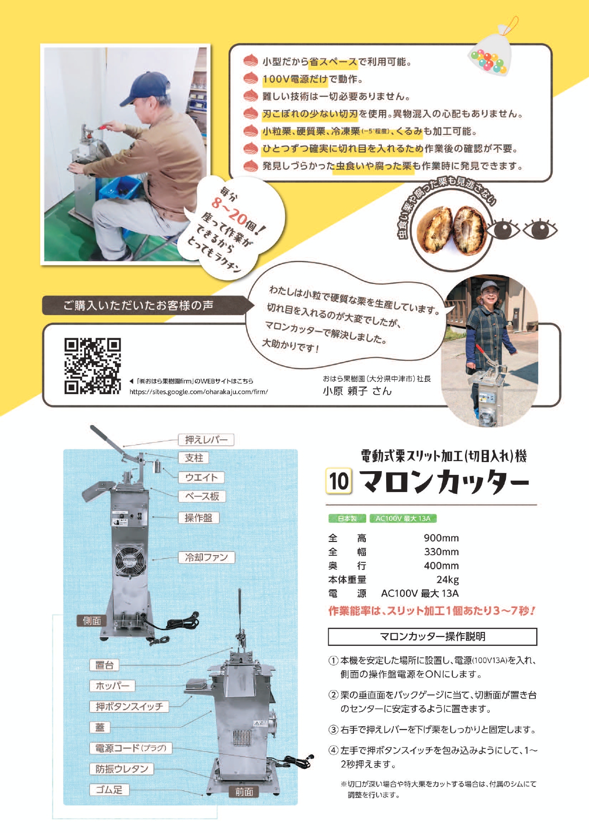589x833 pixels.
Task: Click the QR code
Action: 93,366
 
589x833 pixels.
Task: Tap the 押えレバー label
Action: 206,440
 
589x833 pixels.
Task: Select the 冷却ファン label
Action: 207,557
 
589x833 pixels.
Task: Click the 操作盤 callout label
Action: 199,518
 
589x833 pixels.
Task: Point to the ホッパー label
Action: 113,686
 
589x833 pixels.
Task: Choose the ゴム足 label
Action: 109,790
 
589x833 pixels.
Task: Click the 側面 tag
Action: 92,621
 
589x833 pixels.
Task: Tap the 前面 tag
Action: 244,792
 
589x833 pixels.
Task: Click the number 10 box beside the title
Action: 339,481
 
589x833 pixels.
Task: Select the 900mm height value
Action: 441,538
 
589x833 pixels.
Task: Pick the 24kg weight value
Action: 447,579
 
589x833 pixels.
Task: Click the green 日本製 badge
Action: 347,519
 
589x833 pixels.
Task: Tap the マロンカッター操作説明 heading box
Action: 432,636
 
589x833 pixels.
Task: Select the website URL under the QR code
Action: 199,392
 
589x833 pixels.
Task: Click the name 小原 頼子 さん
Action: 357,391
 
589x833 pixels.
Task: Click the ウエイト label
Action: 201,477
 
